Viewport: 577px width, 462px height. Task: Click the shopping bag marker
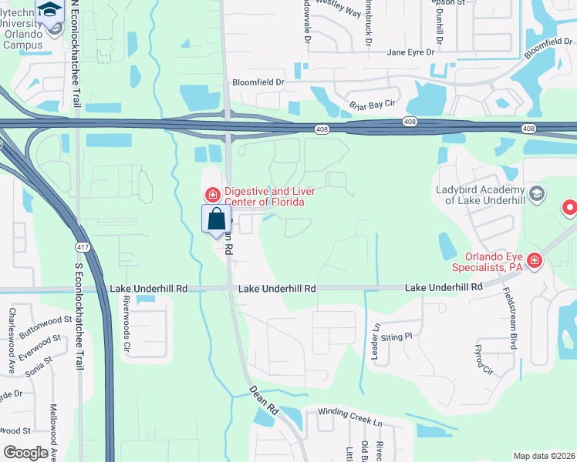pyautogui.click(x=217, y=219)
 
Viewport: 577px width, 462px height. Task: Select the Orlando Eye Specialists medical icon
pyautogui.click(x=535, y=262)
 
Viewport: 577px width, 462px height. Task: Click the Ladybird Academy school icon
pyautogui.click(x=536, y=193)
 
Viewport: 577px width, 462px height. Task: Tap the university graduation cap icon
pyautogui.click(x=51, y=11)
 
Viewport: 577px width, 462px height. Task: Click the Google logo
pyautogui.click(x=25, y=453)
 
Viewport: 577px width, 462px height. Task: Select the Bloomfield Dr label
pyautogui.click(x=258, y=82)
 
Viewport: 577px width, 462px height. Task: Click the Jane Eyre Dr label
pyautogui.click(x=411, y=52)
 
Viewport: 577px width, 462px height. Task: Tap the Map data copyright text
pyautogui.click(x=543, y=456)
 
